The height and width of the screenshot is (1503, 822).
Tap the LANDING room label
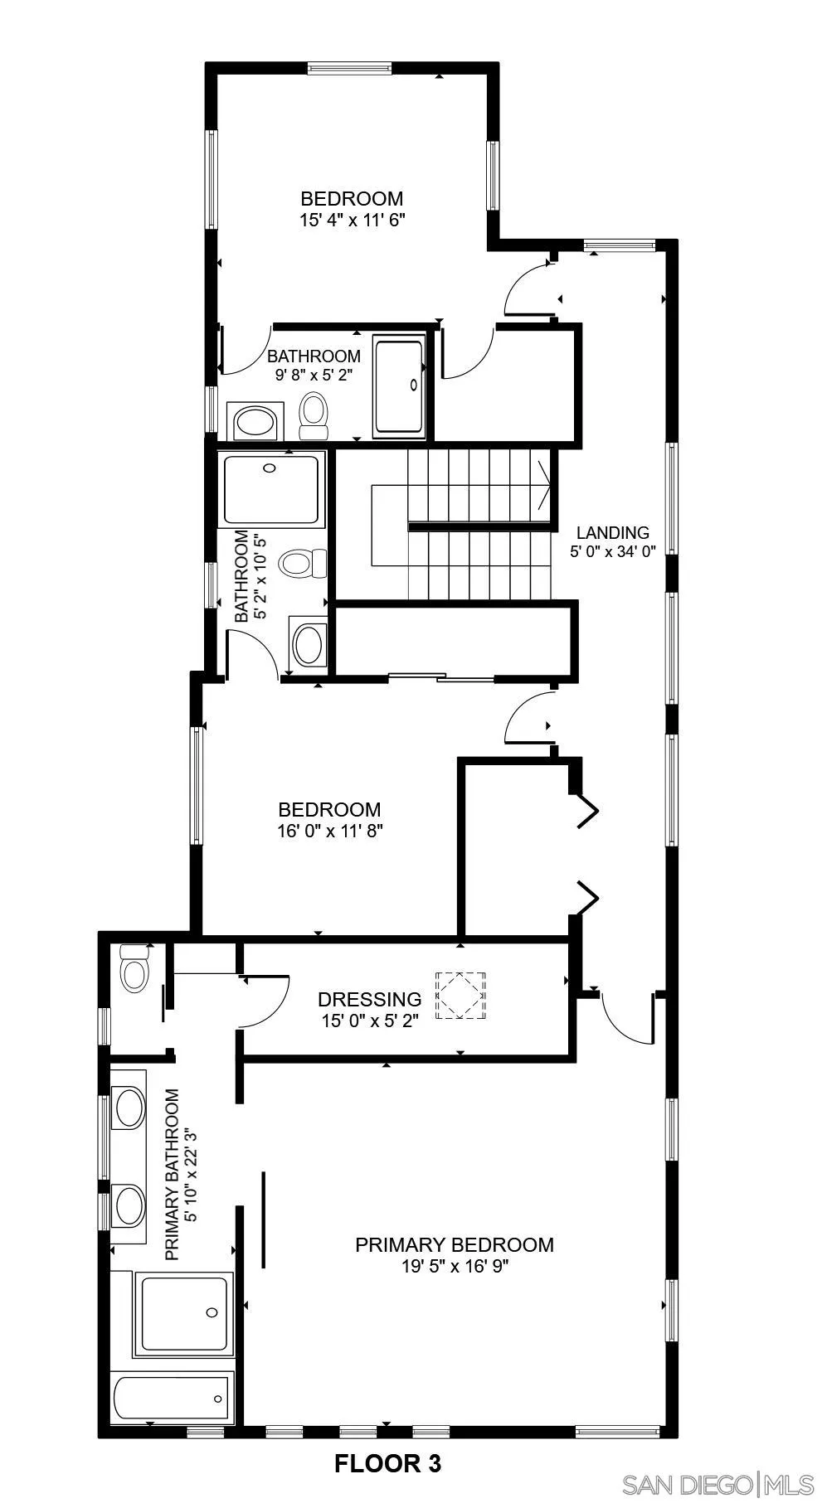[x=612, y=532]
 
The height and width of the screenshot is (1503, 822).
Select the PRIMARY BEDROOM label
[x=454, y=1244]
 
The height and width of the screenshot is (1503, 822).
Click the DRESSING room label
[x=369, y=999]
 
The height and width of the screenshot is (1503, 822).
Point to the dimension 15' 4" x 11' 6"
[x=352, y=221]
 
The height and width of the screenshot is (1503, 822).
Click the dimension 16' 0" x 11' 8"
[x=329, y=831]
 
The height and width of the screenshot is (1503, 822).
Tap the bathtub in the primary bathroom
[x=172, y=1398]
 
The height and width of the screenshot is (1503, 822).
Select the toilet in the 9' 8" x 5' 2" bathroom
[x=313, y=415]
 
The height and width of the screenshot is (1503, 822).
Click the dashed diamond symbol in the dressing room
[x=462, y=996]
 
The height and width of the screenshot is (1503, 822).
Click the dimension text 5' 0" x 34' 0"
[x=612, y=551]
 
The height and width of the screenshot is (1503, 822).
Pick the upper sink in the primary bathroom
[x=129, y=1108]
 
